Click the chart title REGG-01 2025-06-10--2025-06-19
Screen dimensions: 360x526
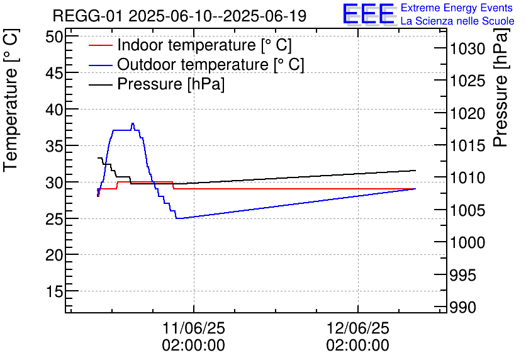(179, 16)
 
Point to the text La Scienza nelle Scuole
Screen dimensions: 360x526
(457, 21)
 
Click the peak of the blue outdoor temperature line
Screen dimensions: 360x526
(133, 124)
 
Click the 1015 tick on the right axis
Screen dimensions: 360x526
(466, 146)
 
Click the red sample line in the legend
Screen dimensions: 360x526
(101, 45)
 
